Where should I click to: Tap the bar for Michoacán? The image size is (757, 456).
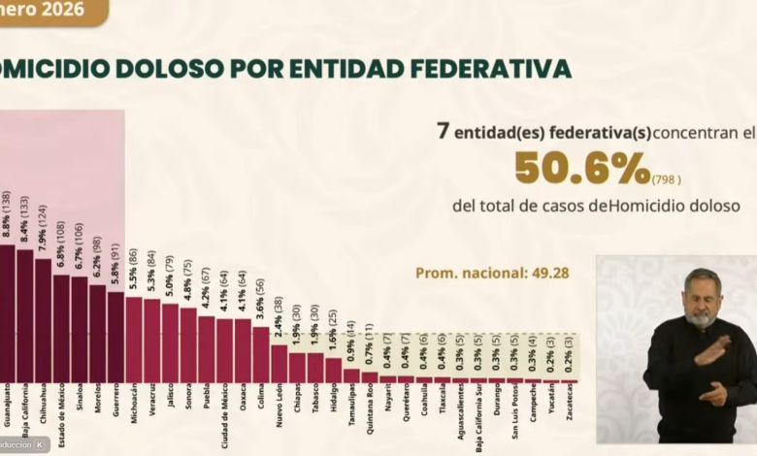[x=134, y=340]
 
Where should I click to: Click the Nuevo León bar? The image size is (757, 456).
[x=280, y=363]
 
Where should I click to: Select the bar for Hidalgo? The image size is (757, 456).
[x=334, y=370]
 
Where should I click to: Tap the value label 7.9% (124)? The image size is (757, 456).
[x=44, y=227]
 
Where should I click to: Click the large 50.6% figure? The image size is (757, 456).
[x=582, y=169]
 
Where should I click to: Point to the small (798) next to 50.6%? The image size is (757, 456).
[x=667, y=179]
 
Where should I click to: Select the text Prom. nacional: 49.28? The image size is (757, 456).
[x=492, y=273]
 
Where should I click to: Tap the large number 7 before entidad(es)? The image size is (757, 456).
[x=443, y=130]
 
